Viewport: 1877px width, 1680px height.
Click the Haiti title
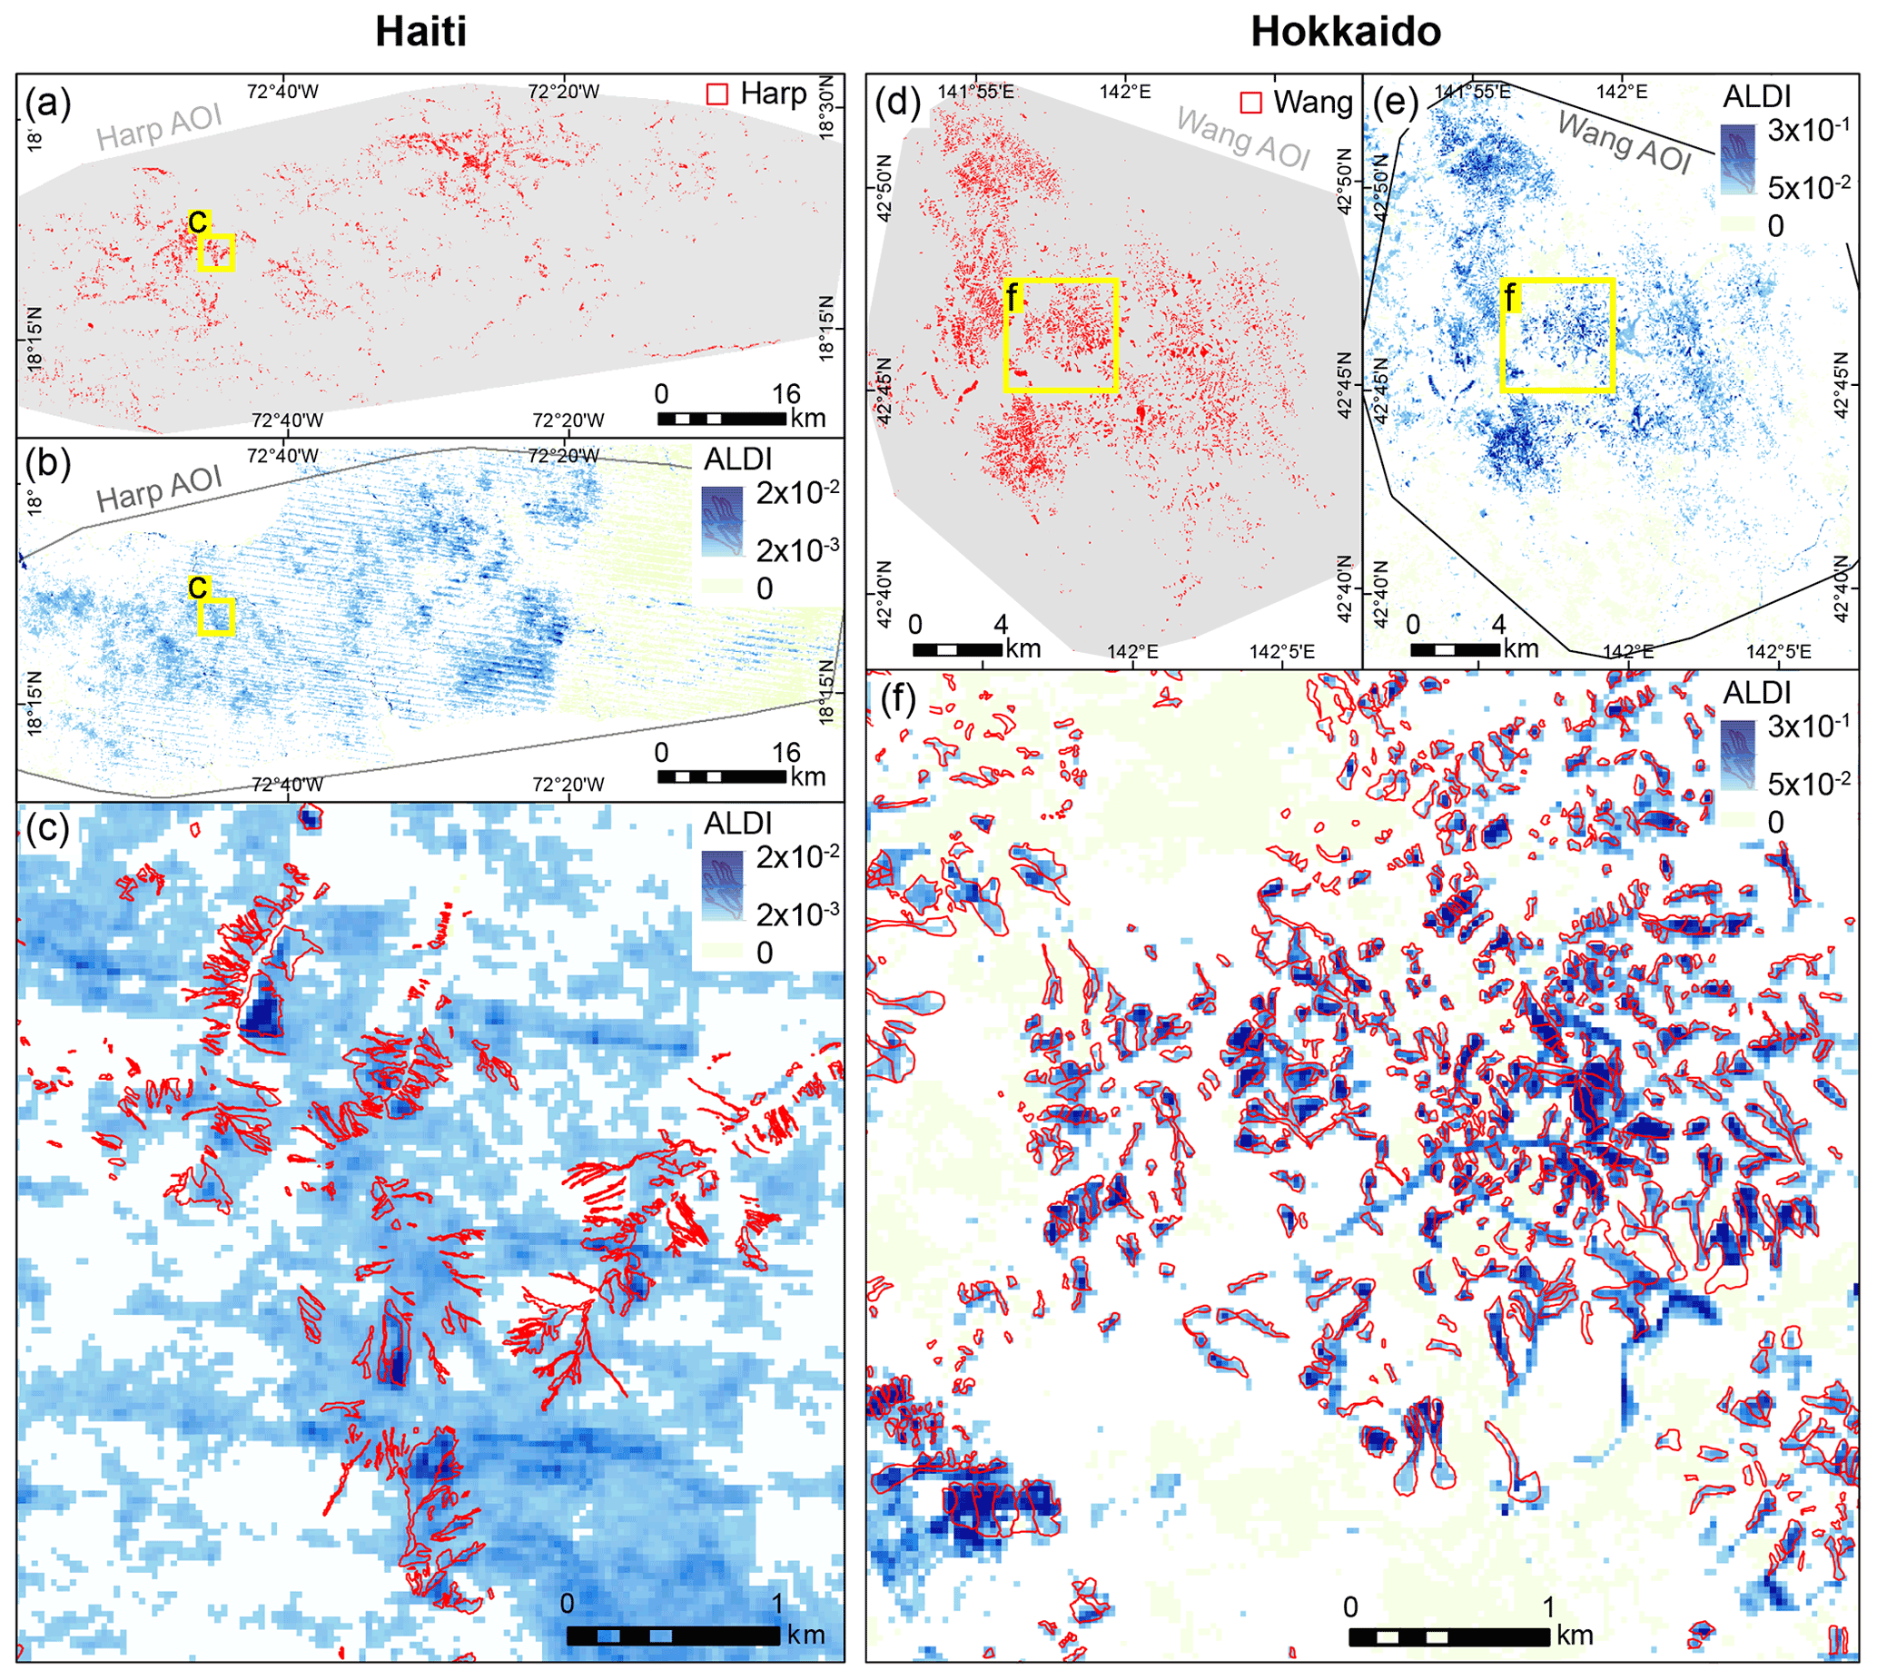(420, 33)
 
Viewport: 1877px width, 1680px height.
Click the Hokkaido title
(1345, 33)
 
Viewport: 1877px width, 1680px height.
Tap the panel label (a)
(48, 103)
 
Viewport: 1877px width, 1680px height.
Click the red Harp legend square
(717, 94)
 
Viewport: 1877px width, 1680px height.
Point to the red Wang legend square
(1250, 103)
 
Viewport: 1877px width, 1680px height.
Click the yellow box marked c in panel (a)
(217, 252)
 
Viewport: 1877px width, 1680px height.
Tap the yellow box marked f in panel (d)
(1062, 335)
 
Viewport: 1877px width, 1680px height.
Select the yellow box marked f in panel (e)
(1557, 335)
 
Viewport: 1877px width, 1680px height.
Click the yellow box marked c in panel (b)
(217, 617)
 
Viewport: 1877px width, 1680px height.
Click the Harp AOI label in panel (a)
(159, 127)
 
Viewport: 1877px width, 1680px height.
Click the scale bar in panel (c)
(673, 1635)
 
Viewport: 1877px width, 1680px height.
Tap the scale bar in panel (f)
(1448, 1636)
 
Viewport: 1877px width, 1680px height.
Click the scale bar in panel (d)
(957, 650)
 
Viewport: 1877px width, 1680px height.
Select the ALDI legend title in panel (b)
(737, 459)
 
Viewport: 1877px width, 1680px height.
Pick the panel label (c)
(48, 830)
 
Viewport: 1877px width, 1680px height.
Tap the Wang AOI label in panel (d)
(1244, 138)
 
